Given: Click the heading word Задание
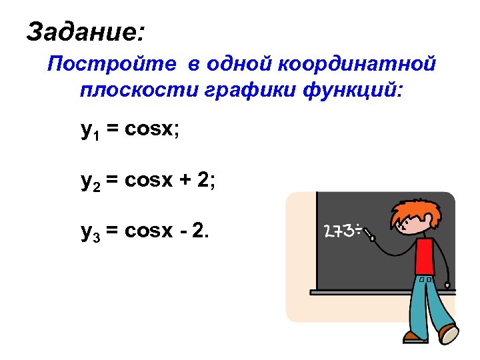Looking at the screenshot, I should coord(85,31).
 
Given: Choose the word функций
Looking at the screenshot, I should coord(353,89).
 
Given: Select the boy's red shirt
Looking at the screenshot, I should coord(425,257).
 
